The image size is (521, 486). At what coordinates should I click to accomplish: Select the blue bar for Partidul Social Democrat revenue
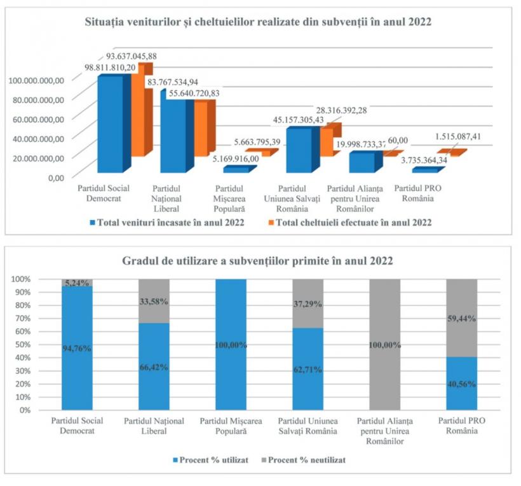[110, 124]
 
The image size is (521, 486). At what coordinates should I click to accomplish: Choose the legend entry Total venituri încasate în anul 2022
[168, 223]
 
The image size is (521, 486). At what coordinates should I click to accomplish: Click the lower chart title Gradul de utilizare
[260, 261]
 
